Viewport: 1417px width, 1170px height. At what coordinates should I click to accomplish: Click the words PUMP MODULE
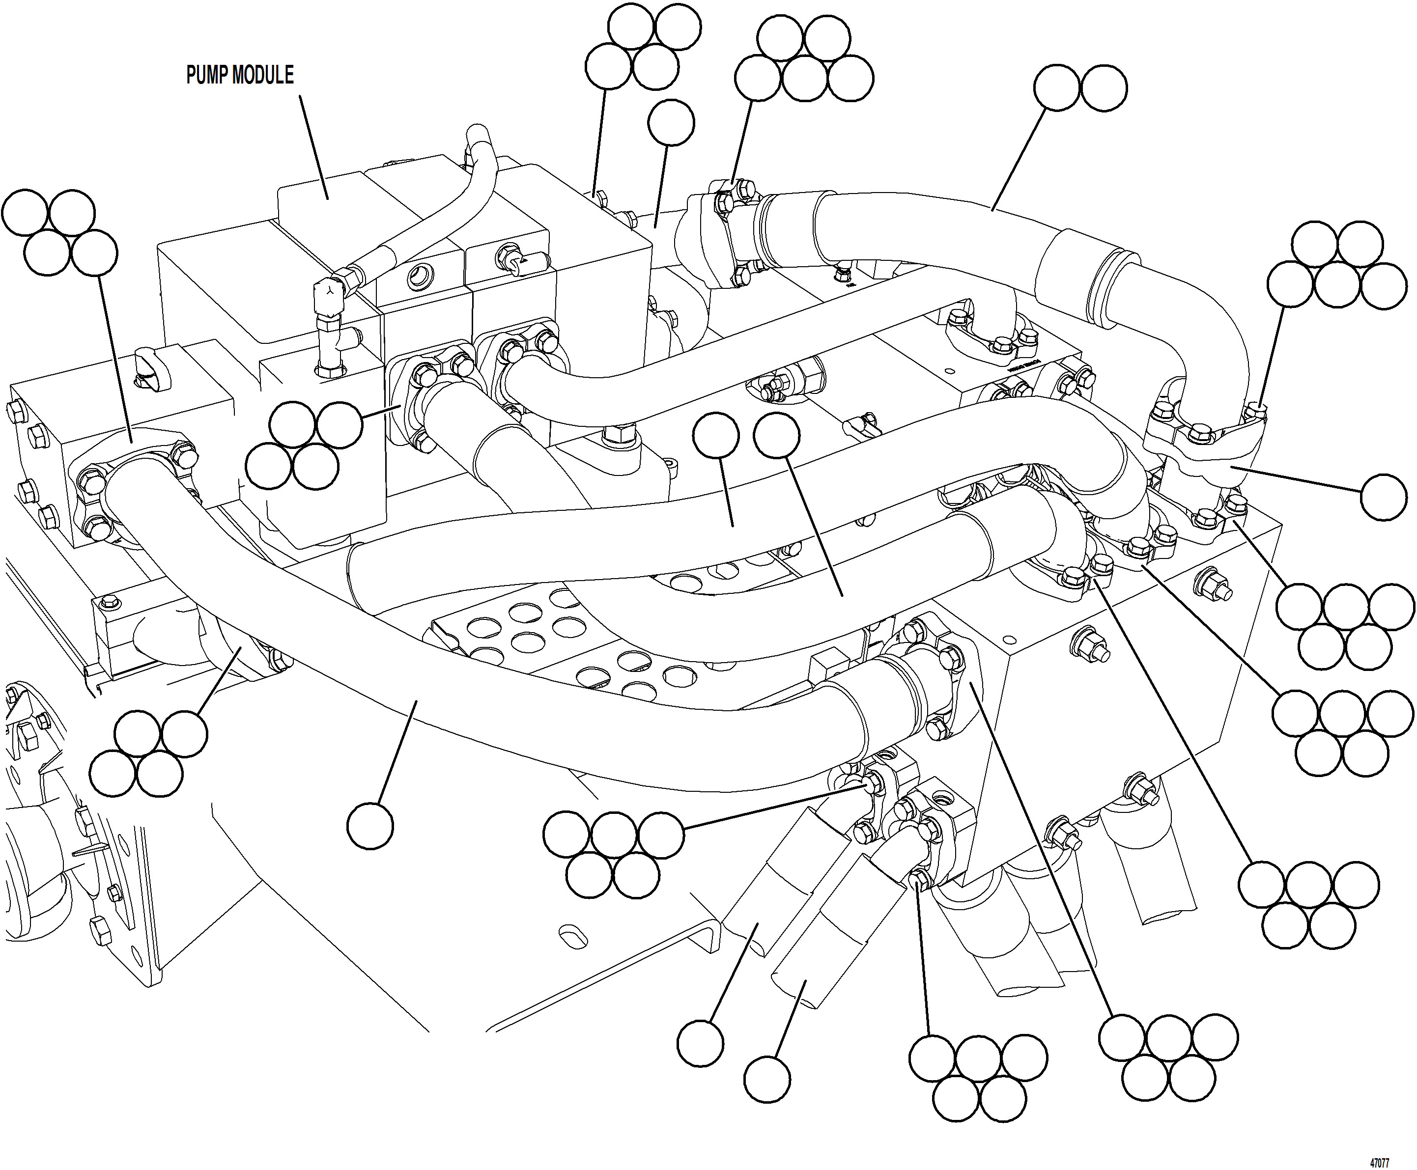[x=239, y=75]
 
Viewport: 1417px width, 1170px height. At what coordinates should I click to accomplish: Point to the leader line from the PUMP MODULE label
[x=313, y=145]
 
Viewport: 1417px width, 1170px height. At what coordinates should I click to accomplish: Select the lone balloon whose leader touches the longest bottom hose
[x=370, y=826]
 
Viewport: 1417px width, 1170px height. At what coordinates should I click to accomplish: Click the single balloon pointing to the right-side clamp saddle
[x=1383, y=497]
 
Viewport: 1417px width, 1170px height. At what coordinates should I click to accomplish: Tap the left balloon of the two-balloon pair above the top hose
[x=1057, y=87]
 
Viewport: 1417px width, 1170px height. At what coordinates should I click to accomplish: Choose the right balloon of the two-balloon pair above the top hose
[x=1104, y=87]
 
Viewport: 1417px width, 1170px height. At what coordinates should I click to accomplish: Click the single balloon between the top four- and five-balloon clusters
[x=671, y=123]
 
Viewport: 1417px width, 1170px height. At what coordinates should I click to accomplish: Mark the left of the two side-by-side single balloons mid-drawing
[x=716, y=435]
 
